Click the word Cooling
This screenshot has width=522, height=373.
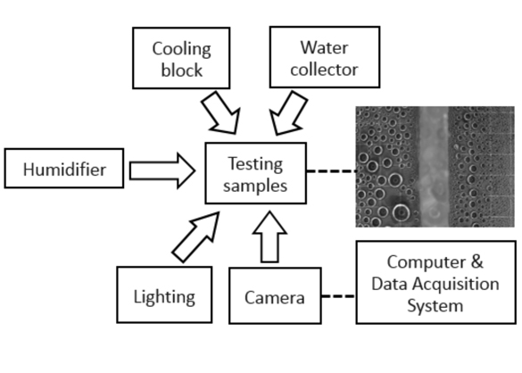point(181,50)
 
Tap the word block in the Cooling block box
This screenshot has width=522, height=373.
point(181,70)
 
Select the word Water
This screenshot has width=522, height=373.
point(324,47)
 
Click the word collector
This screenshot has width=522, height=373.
point(324,70)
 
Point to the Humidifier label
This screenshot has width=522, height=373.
point(64,170)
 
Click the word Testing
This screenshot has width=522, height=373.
point(255,164)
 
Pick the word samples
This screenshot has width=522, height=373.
point(255,186)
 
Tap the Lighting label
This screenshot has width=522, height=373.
point(164,297)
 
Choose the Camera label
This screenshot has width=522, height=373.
point(275,297)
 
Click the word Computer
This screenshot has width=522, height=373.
point(427,262)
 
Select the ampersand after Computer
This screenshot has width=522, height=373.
point(477,261)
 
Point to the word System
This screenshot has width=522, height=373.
point(435,306)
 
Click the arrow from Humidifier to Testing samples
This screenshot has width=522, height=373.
point(162,170)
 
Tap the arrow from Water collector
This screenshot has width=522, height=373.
point(287,113)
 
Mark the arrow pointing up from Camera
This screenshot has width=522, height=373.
point(269,237)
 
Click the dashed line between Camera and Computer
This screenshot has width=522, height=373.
point(338,295)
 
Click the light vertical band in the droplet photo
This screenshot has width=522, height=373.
point(434,167)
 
